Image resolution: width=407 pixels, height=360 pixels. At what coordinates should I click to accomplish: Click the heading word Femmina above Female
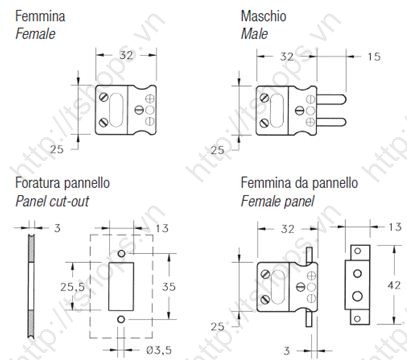[40, 16]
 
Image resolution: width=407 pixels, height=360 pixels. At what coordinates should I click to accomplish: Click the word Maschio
[263, 16]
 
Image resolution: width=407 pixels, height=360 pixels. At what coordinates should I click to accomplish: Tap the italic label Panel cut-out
[52, 201]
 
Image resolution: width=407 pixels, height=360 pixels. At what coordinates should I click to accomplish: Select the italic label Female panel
[277, 201]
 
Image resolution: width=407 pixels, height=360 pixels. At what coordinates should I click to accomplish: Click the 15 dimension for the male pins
[374, 56]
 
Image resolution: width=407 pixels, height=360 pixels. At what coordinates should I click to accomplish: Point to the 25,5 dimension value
[72, 287]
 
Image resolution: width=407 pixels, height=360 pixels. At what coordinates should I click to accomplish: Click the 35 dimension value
[169, 286]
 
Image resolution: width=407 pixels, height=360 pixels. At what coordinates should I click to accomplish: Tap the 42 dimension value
[394, 285]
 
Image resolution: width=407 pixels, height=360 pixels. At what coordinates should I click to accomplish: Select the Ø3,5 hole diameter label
[159, 350]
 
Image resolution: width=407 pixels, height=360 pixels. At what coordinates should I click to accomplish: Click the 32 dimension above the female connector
[126, 55]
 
